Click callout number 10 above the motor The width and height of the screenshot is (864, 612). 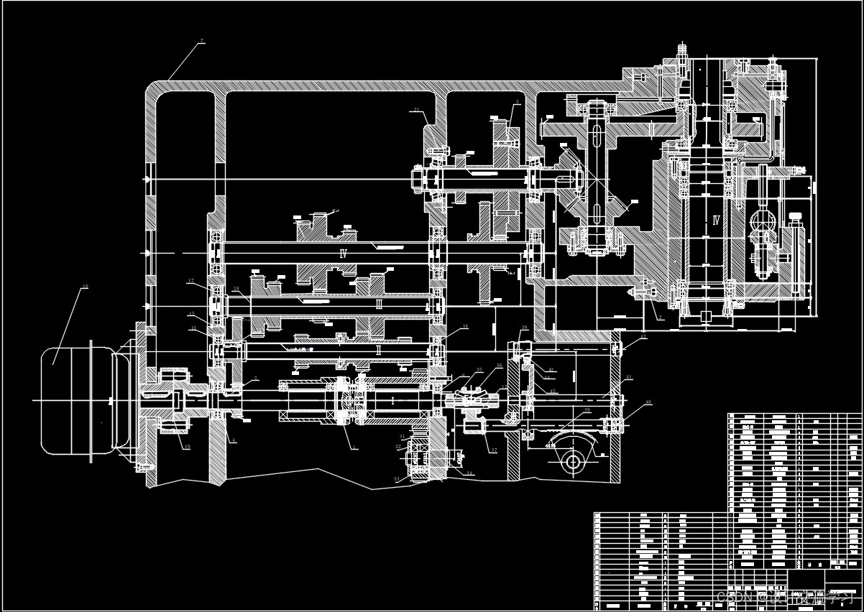(x=85, y=287)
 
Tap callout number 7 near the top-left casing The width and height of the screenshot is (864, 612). (x=201, y=41)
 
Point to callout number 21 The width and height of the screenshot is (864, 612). (x=416, y=109)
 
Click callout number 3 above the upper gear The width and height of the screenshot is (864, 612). (x=517, y=102)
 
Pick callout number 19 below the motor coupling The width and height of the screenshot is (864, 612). (x=187, y=447)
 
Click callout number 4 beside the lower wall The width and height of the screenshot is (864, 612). (x=233, y=440)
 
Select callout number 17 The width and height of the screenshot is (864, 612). (x=190, y=281)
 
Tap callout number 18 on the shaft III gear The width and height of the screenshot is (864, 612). (x=236, y=289)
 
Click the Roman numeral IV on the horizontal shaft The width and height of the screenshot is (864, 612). (x=344, y=253)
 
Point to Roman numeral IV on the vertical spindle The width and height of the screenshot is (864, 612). (x=715, y=220)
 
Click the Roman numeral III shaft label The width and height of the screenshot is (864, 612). (x=379, y=305)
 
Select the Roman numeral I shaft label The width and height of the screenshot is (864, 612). (x=392, y=401)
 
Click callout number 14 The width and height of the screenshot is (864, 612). (x=465, y=326)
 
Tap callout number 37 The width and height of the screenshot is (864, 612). (x=494, y=450)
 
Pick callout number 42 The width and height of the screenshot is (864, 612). (x=643, y=336)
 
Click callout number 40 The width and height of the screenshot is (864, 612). (x=648, y=402)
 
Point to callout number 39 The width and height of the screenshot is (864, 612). (x=587, y=410)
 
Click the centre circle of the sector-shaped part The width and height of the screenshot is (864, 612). (x=572, y=461)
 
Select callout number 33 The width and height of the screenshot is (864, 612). (x=395, y=478)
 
